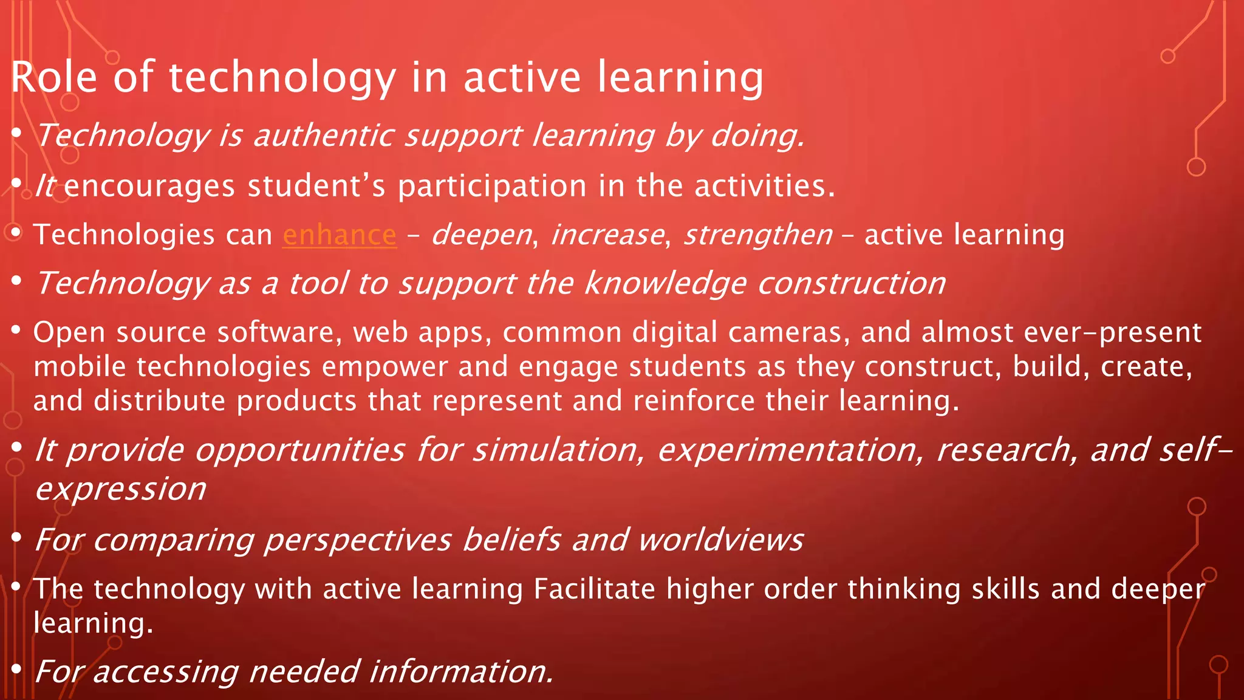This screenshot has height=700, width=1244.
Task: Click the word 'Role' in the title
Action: coord(54,77)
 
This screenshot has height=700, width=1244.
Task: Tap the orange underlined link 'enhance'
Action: coord(340,235)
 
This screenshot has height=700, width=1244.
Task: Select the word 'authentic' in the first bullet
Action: coord(327,135)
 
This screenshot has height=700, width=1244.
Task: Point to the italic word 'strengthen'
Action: coord(758,235)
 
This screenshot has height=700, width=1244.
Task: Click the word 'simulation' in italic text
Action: coord(558,450)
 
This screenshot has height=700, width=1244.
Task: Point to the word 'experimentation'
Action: coord(791,450)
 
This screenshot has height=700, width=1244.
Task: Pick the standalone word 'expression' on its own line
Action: coord(121,489)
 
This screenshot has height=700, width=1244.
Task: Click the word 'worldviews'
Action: coord(720,540)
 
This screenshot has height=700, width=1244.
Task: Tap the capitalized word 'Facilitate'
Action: coord(595,589)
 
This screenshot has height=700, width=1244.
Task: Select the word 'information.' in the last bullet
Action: coord(461,671)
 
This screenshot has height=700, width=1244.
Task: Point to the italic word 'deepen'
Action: coord(481,235)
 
